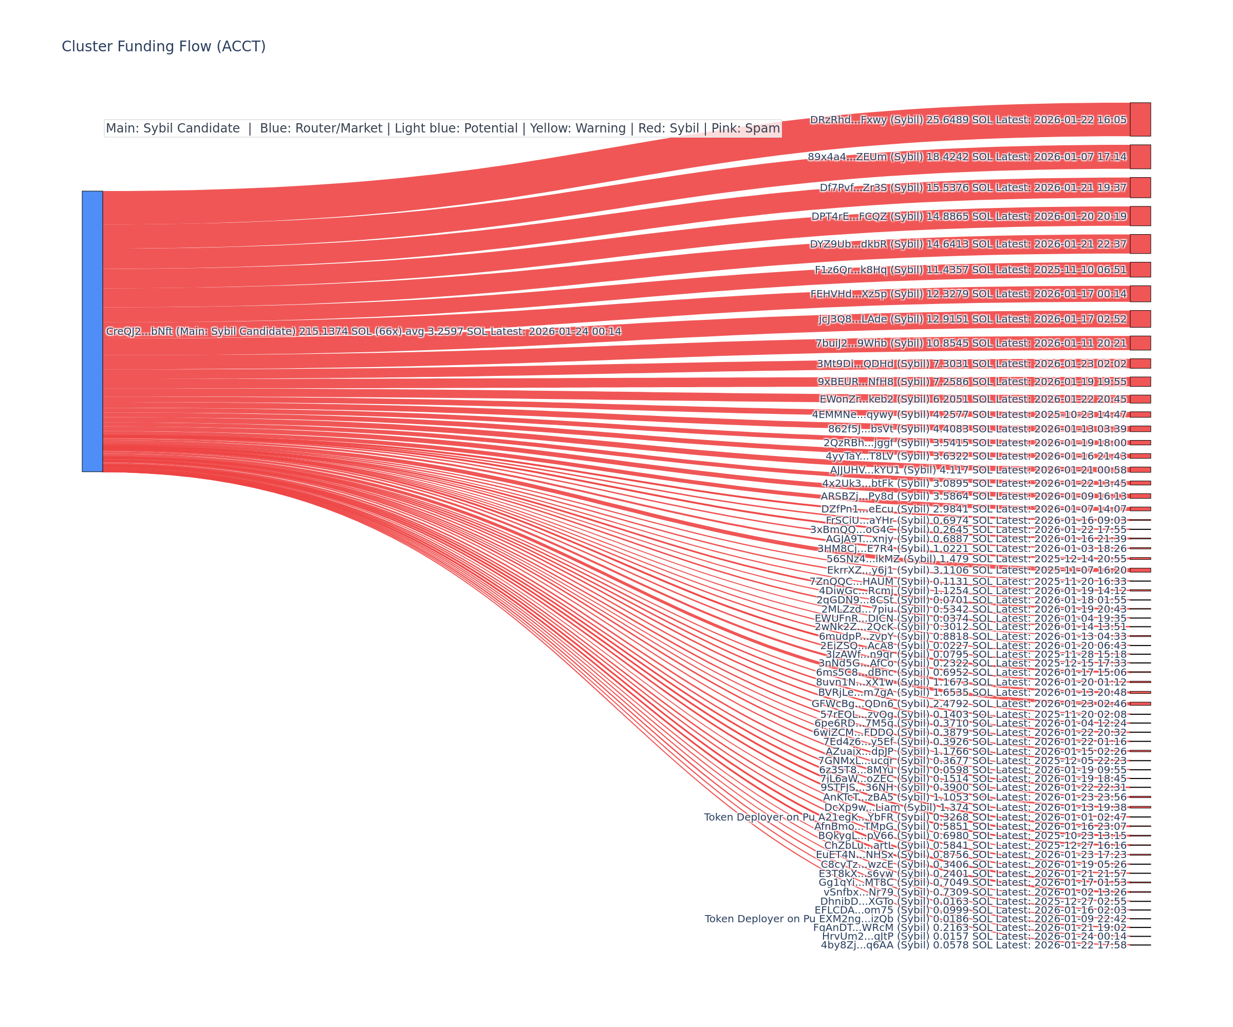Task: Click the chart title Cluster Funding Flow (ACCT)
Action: point(163,46)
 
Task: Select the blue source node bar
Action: point(92,331)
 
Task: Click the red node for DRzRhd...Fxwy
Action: point(1139,119)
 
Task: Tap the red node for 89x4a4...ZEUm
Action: point(1139,157)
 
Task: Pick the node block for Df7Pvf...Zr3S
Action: point(1139,188)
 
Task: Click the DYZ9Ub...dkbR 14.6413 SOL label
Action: point(967,244)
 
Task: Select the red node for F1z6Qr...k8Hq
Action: point(1139,270)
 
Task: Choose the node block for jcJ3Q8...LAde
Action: point(1139,319)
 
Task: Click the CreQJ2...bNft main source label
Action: point(363,332)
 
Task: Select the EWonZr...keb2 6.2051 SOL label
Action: point(973,399)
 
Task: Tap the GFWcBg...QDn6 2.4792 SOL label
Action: point(969,703)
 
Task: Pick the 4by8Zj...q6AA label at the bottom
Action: point(974,945)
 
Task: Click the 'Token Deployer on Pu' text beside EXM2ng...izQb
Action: point(760,919)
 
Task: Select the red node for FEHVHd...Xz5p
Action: point(1139,293)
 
